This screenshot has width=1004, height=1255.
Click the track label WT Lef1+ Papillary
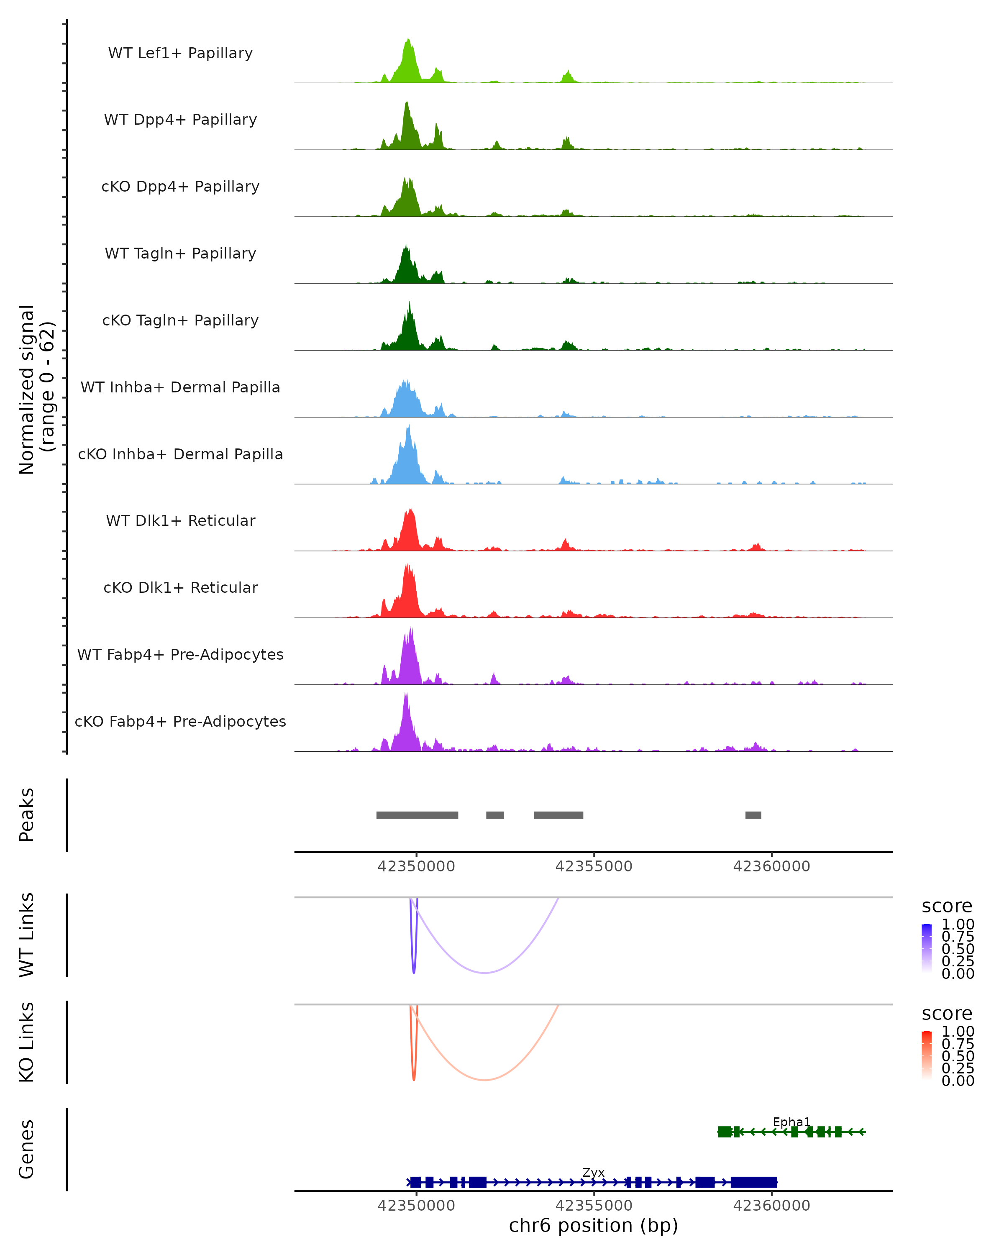[x=180, y=53]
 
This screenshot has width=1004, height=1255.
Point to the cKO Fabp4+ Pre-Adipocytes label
[x=180, y=721]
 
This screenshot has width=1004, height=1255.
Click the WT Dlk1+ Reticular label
[x=180, y=520]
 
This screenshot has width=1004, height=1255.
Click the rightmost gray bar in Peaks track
[x=753, y=815]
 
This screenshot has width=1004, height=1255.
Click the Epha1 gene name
[x=791, y=1122]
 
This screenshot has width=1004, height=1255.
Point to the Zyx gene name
[x=593, y=1172]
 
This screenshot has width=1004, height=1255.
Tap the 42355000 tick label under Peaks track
[x=594, y=866]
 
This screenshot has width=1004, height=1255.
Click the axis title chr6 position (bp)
[x=593, y=1226]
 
